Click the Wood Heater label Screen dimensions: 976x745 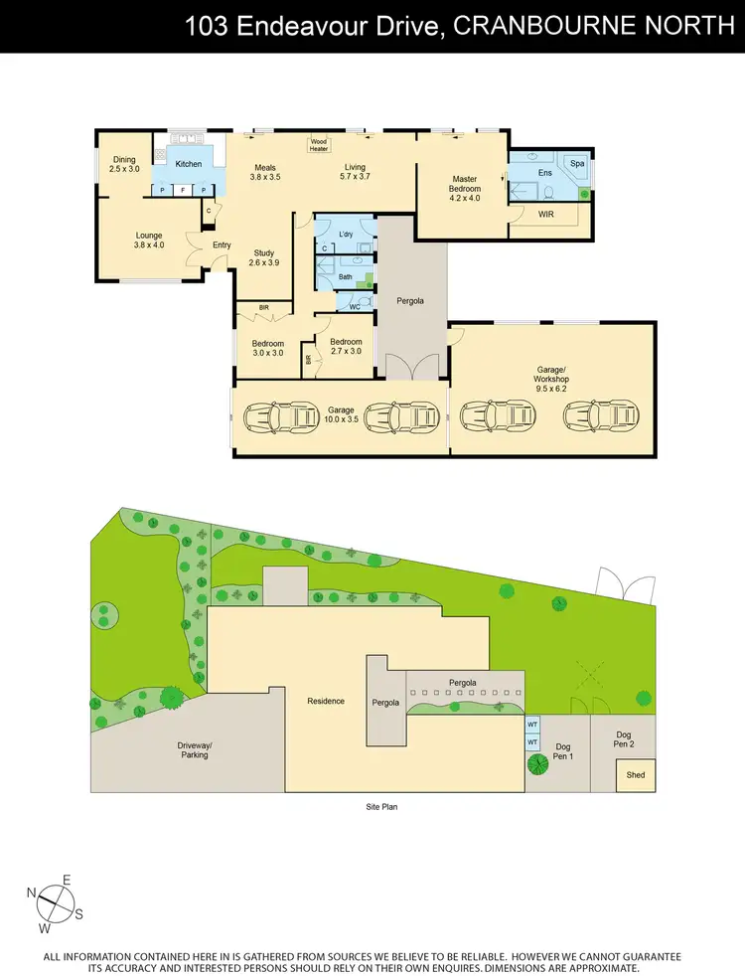(319, 145)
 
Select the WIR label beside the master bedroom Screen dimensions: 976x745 (545, 214)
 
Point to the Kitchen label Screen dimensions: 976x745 (189, 164)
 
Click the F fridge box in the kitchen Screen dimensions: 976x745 (183, 190)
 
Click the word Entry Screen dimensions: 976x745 (222, 245)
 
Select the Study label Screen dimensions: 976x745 (263, 257)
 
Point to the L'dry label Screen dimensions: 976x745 (346, 234)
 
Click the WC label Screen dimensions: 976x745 (354, 306)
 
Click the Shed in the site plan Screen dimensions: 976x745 (634, 776)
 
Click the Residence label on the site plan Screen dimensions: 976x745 (326, 701)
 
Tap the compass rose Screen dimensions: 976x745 (56, 903)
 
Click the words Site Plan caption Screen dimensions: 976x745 (381, 807)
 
